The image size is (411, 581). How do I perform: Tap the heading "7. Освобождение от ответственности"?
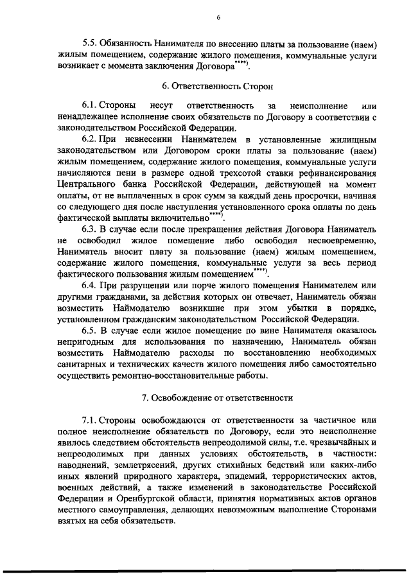[x=218, y=398]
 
